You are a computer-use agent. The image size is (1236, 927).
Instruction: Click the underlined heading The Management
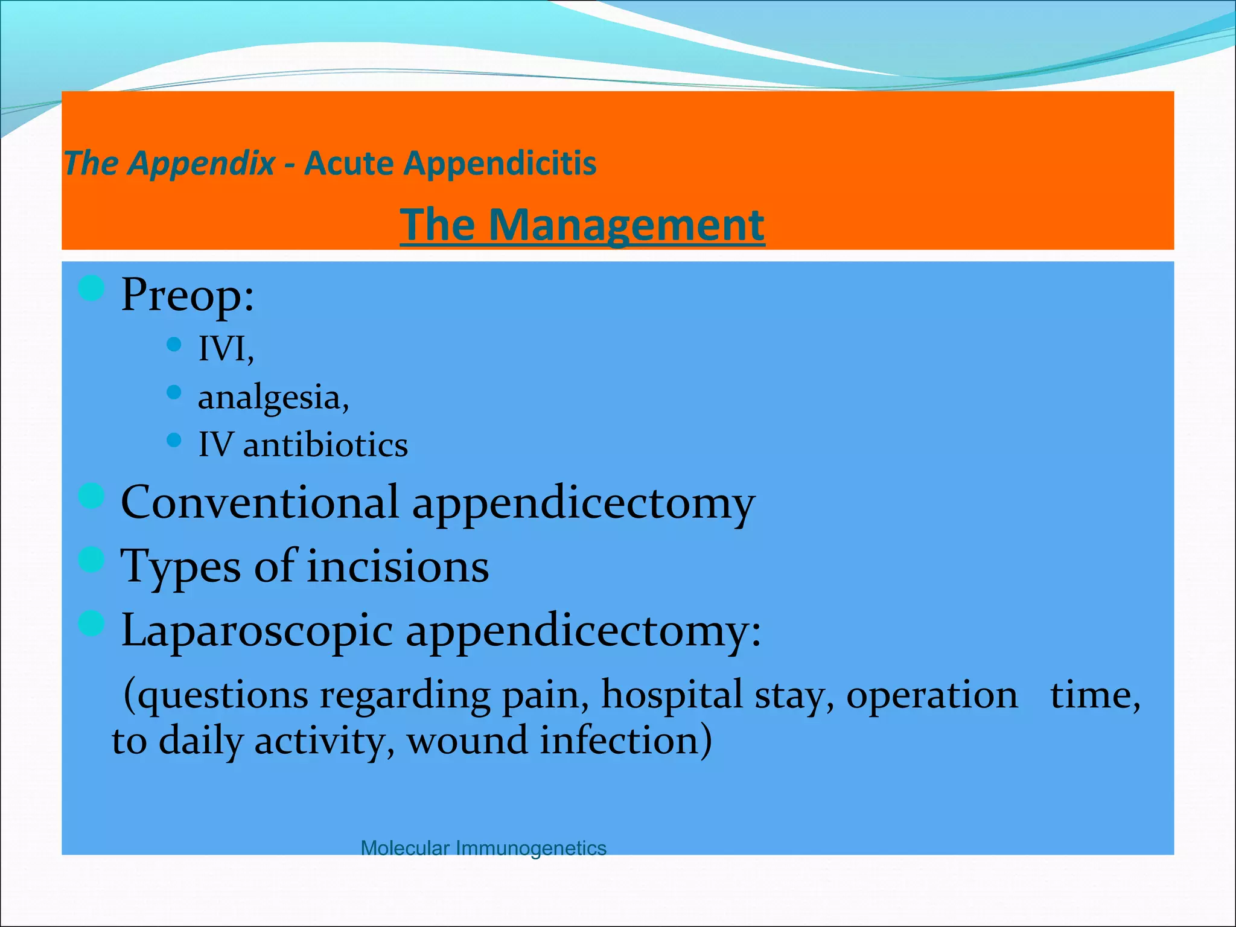coord(582,225)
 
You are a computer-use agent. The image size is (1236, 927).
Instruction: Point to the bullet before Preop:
coord(92,288)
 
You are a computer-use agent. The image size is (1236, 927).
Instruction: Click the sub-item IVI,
coord(226,349)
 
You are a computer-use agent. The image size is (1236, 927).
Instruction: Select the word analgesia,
coord(273,398)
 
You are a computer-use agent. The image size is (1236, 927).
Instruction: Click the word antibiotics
coord(325,445)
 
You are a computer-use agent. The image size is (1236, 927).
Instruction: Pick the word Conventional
coord(260,502)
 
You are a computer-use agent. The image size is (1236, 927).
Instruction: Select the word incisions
coord(398,567)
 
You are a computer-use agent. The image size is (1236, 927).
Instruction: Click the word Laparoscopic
coord(257,631)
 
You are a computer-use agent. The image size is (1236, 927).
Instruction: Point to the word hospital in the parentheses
coord(671,695)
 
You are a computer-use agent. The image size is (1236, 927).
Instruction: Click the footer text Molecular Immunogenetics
coord(483,848)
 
